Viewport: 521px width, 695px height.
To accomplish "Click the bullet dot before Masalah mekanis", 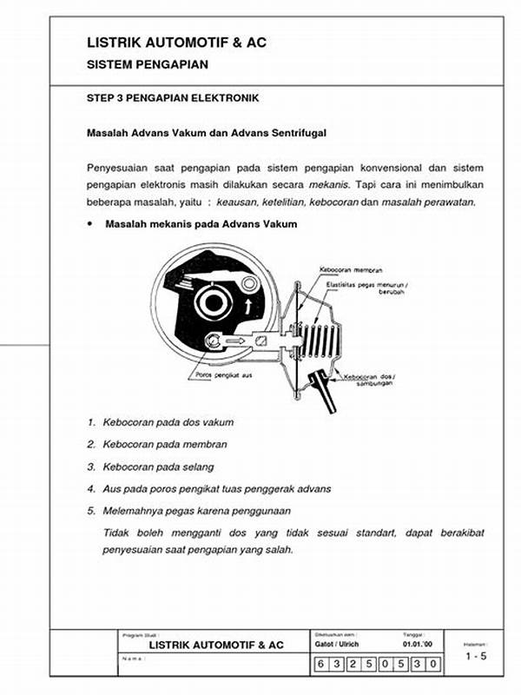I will (90, 224).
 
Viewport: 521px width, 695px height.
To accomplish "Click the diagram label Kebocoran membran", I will (351, 269).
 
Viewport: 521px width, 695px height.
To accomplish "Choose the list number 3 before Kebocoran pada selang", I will (91, 467).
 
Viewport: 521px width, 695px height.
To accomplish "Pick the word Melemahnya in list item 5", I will (133, 511).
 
